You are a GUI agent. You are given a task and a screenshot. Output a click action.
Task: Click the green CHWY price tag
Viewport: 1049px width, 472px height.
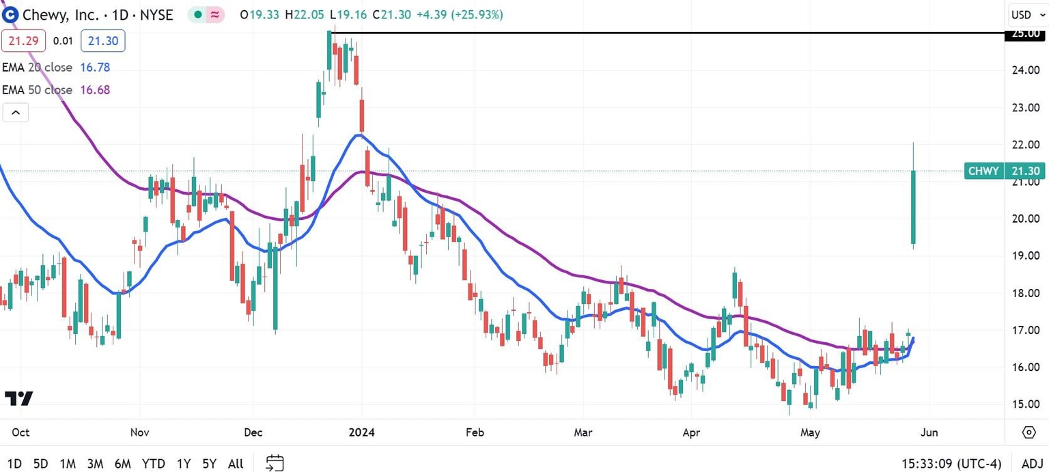(984, 171)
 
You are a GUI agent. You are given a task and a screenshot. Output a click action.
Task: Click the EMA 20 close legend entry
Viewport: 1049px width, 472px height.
(56, 67)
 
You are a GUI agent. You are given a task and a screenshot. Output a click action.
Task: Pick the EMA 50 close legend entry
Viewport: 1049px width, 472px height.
(56, 89)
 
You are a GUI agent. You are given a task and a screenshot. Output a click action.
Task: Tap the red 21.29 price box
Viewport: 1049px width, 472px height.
(23, 41)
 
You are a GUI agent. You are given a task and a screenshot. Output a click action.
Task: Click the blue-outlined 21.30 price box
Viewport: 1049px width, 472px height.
(102, 41)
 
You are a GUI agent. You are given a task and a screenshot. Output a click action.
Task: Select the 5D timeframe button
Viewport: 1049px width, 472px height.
(40, 464)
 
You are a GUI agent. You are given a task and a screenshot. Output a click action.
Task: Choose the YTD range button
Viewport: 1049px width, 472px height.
(154, 464)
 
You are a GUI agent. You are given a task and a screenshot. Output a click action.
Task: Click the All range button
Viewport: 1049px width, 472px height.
(236, 464)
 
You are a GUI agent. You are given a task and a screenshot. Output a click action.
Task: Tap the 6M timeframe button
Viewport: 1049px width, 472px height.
(123, 464)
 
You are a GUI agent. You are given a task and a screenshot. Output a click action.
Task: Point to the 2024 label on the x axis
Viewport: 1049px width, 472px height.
(361, 432)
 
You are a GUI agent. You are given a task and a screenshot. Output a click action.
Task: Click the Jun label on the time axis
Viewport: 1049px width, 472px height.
(929, 432)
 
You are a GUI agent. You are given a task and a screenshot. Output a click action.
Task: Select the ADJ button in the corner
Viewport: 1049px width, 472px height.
(1031, 464)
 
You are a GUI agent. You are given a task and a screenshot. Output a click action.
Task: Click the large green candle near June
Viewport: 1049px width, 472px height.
(913, 207)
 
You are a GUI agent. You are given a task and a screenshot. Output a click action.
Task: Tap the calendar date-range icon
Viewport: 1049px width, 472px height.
(275, 463)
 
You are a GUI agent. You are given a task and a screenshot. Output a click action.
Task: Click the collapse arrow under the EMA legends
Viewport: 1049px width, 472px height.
(16, 113)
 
